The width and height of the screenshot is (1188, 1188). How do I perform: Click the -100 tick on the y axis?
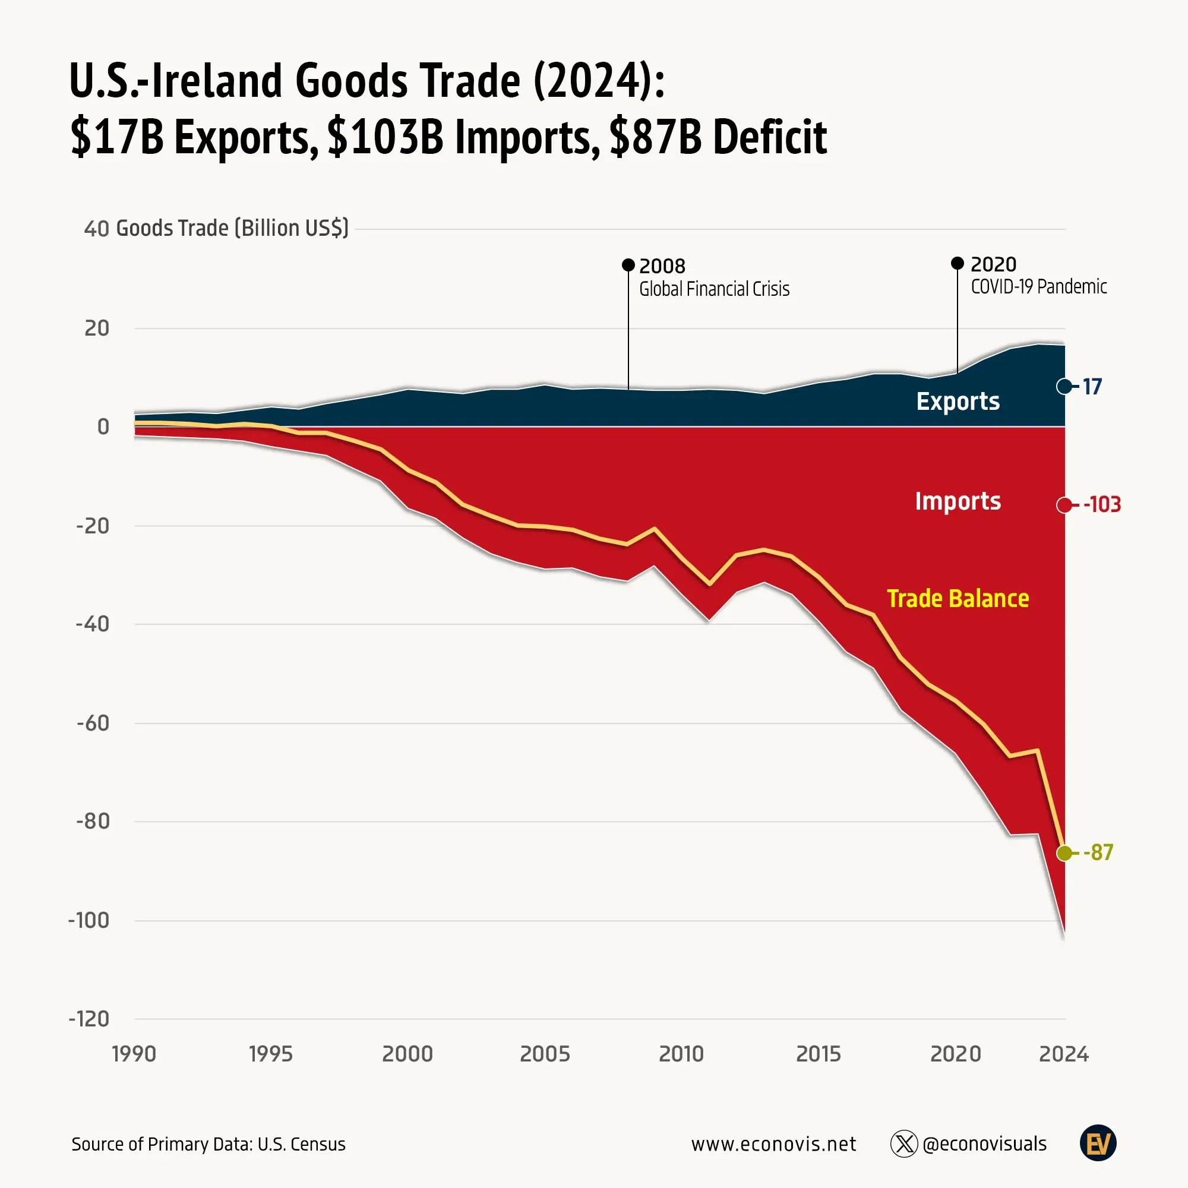click(x=89, y=921)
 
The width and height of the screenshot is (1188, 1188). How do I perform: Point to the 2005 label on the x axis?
click(x=545, y=1054)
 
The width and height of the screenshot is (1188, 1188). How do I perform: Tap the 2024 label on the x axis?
click(x=1064, y=1054)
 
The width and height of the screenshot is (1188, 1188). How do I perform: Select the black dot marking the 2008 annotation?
click(x=628, y=265)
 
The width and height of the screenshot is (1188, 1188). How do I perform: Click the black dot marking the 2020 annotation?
click(x=958, y=263)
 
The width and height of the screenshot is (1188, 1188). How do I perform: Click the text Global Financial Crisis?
click(x=714, y=289)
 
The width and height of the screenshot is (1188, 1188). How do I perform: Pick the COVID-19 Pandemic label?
click(x=1038, y=286)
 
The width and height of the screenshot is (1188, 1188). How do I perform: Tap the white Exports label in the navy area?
click(x=958, y=401)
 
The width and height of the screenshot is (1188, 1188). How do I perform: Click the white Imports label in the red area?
click(x=958, y=501)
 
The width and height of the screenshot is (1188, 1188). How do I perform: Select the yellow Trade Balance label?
click(x=958, y=598)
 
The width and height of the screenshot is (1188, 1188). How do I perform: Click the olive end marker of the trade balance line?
click(x=1064, y=853)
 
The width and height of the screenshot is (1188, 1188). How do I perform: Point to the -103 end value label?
click(x=1102, y=505)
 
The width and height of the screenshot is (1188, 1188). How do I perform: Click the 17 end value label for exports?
click(x=1092, y=387)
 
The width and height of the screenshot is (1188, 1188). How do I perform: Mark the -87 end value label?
click(x=1098, y=853)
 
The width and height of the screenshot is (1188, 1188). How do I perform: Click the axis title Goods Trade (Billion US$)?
click(x=232, y=228)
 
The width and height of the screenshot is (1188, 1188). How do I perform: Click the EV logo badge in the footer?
click(x=1098, y=1143)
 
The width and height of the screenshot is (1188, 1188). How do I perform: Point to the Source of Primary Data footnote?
click(x=208, y=1145)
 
